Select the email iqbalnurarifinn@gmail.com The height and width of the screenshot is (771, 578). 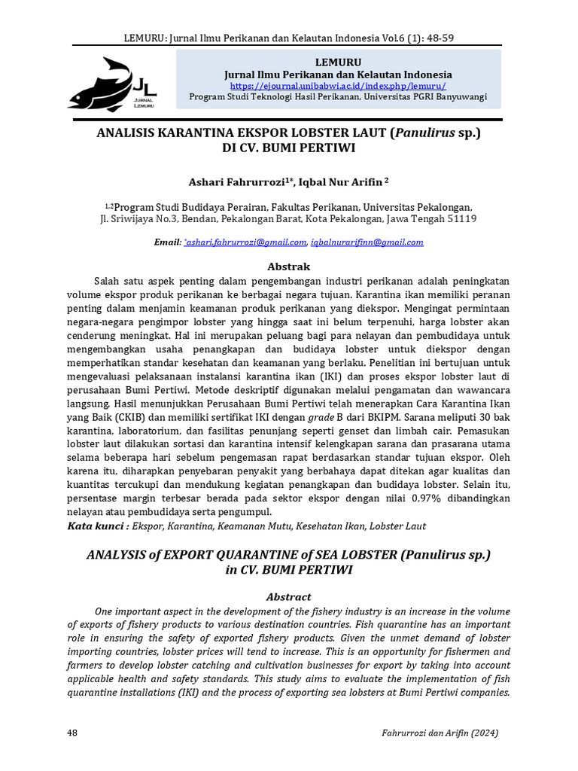(x=367, y=242)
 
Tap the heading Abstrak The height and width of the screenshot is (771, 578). (x=289, y=267)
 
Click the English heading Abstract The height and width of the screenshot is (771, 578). (x=289, y=596)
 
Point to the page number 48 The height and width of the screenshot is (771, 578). (x=73, y=733)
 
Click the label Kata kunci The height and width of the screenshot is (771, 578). (x=97, y=527)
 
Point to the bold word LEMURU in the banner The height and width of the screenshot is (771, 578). (x=339, y=62)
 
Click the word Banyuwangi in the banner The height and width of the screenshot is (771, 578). (x=458, y=97)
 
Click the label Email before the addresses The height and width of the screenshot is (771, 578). (x=167, y=242)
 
